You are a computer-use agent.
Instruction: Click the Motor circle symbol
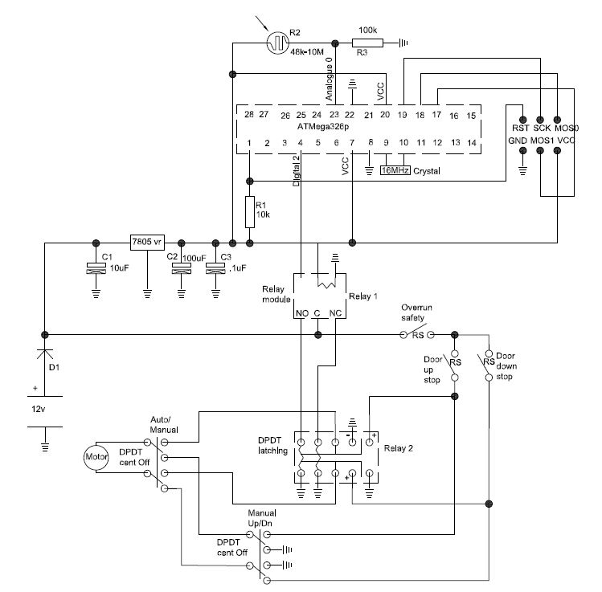tap(96, 458)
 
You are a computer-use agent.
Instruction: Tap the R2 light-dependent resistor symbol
tap(277, 39)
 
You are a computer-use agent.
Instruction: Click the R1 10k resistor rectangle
tap(249, 213)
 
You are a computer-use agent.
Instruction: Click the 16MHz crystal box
tap(395, 170)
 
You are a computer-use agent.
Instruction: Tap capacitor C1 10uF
tap(96, 271)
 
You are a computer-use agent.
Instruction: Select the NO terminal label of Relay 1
tap(301, 312)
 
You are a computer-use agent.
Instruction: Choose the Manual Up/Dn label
tap(263, 516)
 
